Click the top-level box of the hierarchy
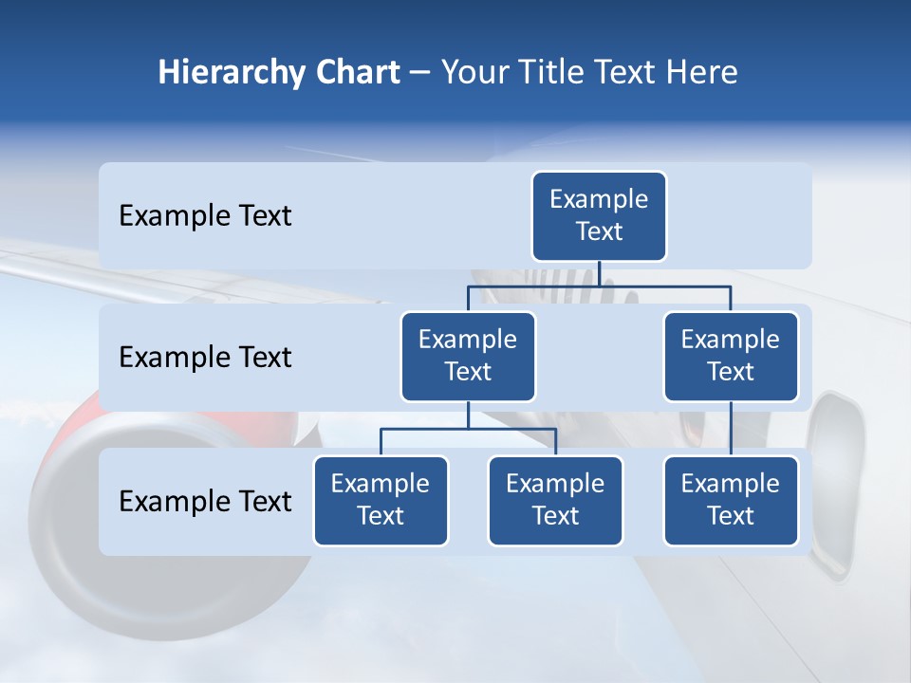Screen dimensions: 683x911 click(x=599, y=215)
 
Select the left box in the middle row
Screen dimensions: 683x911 click(x=468, y=356)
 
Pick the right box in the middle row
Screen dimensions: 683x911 click(x=731, y=356)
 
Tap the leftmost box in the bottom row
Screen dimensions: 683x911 click(x=381, y=500)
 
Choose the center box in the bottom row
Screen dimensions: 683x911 click(x=555, y=500)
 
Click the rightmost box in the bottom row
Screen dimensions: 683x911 click(x=731, y=500)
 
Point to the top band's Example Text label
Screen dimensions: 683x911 click(x=205, y=216)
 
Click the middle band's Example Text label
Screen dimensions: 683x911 click(x=205, y=358)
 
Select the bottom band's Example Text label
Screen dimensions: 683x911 click(x=205, y=501)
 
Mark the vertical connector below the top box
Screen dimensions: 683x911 click(x=599, y=273)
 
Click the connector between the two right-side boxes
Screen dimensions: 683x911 click(x=731, y=429)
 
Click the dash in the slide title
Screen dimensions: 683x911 click(x=420, y=73)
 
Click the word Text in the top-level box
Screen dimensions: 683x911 click(x=599, y=231)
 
